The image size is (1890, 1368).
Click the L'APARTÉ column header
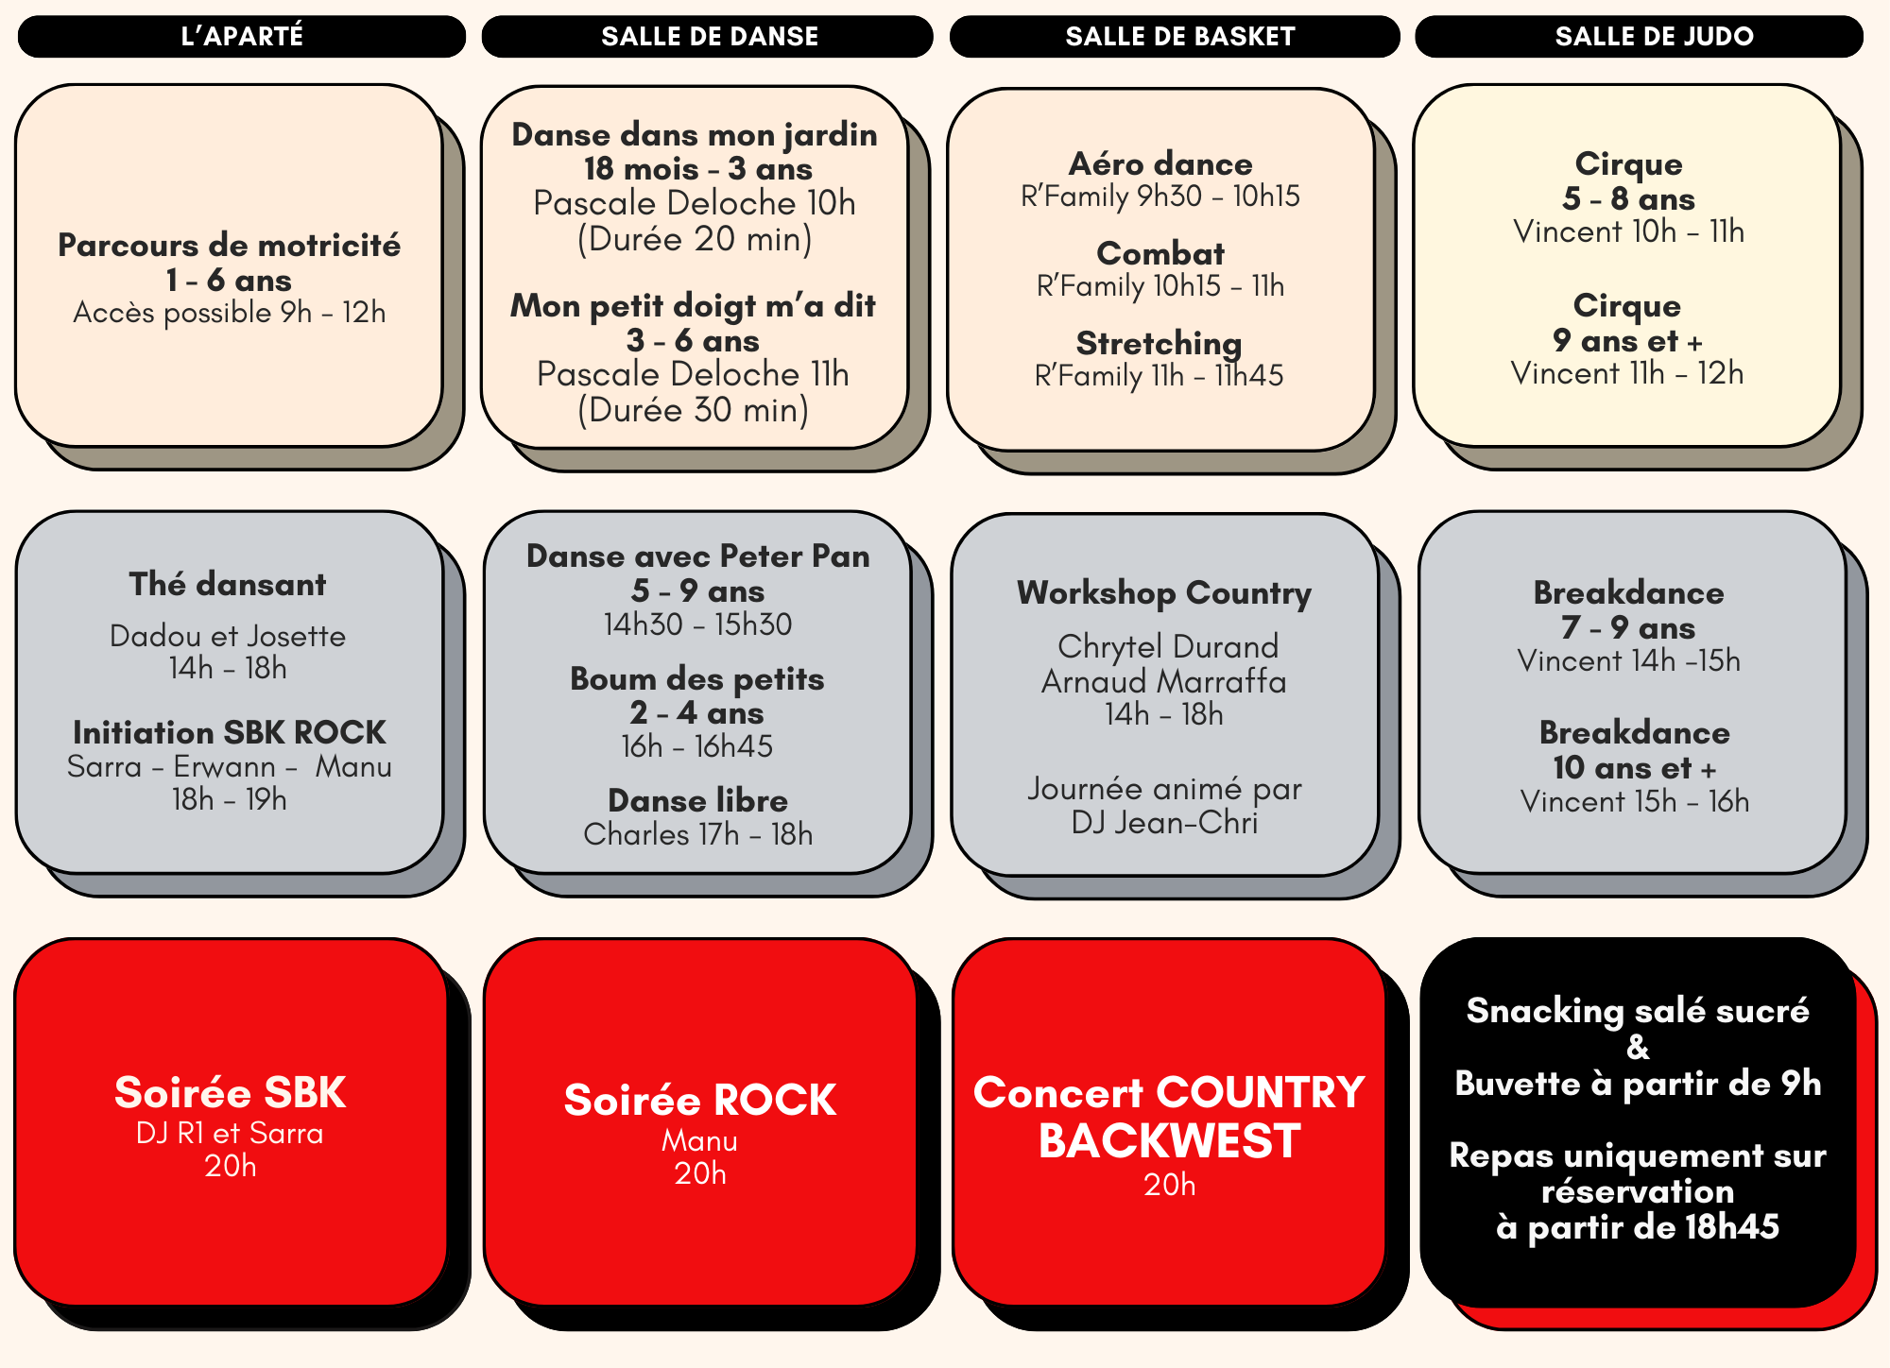(242, 36)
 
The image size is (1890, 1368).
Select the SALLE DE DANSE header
(709, 36)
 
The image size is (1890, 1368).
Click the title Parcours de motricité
(230, 245)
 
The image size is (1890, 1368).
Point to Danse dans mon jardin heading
(695, 135)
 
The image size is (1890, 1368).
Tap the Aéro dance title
(1160, 163)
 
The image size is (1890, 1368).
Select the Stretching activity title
(1160, 343)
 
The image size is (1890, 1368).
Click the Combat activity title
(1160, 253)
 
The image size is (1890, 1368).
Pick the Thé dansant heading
(228, 584)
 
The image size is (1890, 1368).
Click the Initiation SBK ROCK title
(230, 732)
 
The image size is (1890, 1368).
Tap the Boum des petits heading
(697, 678)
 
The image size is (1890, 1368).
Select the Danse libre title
(698, 800)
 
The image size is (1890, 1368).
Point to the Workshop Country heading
(1164, 593)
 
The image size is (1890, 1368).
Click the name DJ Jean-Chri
(1164, 822)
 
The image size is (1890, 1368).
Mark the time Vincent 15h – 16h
(1635, 801)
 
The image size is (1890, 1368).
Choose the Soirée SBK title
(231, 1092)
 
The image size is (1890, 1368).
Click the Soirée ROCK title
(700, 1100)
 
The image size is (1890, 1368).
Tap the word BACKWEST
(1170, 1141)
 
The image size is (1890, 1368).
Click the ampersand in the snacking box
(1638, 1047)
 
